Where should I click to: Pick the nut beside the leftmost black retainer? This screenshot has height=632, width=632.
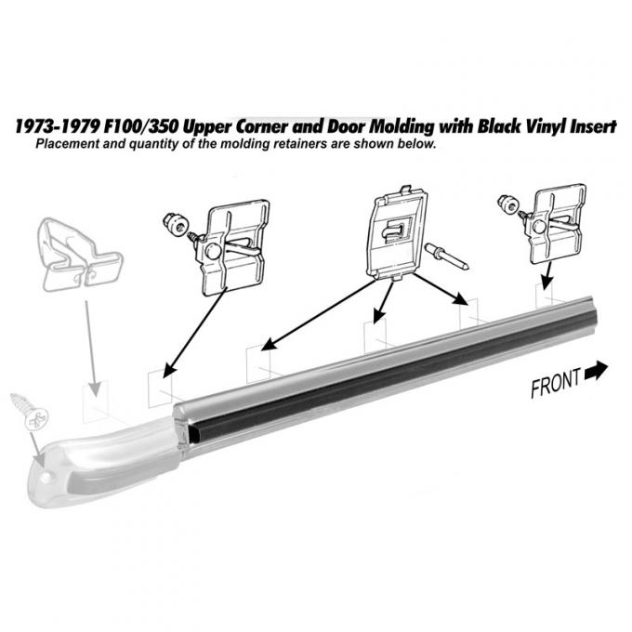coord(173,222)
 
